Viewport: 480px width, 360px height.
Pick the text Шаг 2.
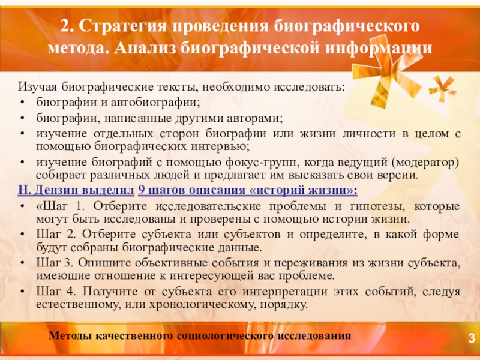55,235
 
